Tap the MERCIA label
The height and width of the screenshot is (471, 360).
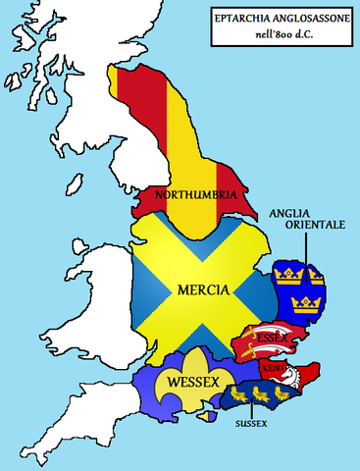(203, 291)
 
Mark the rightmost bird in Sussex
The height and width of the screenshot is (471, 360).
(281, 392)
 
